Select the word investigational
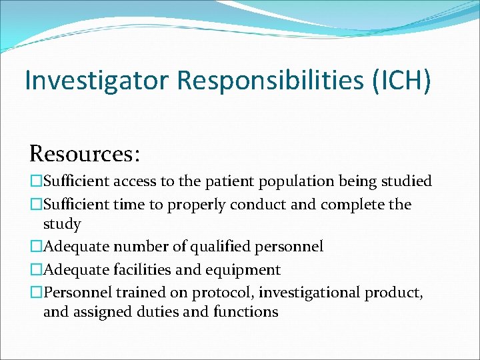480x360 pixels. coord(311,293)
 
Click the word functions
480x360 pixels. coord(246,312)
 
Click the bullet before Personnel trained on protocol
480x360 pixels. coord(35,293)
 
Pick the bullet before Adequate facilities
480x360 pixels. coord(35,270)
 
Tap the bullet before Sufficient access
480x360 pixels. coord(35,181)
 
